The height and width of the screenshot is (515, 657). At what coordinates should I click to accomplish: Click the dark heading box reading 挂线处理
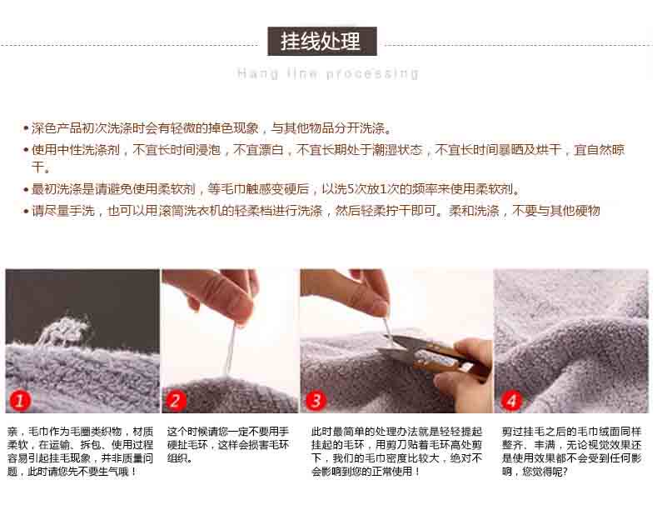pyautogui.click(x=321, y=41)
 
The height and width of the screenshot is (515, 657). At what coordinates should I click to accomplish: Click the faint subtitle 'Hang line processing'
pyautogui.click(x=327, y=73)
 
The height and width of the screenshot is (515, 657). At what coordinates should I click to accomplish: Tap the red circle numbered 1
pyautogui.click(x=20, y=400)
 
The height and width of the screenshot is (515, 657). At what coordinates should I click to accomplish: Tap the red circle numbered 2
pyautogui.click(x=175, y=400)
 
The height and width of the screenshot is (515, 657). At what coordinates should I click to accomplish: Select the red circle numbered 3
pyautogui.click(x=316, y=400)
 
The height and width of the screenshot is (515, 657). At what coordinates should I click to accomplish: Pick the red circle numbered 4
pyautogui.click(x=510, y=400)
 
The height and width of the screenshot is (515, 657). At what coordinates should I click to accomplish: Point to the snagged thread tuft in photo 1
pyautogui.click(x=64, y=328)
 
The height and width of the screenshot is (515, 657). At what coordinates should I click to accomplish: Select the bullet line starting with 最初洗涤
pyautogui.click(x=271, y=189)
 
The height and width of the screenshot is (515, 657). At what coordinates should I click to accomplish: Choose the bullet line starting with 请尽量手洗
pyautogui.click(x=311, y=211)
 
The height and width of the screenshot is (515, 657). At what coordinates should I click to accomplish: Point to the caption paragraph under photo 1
pyautogui.click(x=81, y=452)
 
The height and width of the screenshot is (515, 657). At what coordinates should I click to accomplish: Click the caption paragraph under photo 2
pyautogui.click(x=228, y=444)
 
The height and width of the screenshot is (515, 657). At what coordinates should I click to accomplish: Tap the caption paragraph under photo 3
pyautogui.click(x=397, y=452)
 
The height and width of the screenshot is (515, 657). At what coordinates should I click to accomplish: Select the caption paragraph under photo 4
pyautogui.click(x=572, y=452)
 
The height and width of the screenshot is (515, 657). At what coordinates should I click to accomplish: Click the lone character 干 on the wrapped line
pyautogui.click(x=38, y=167)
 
